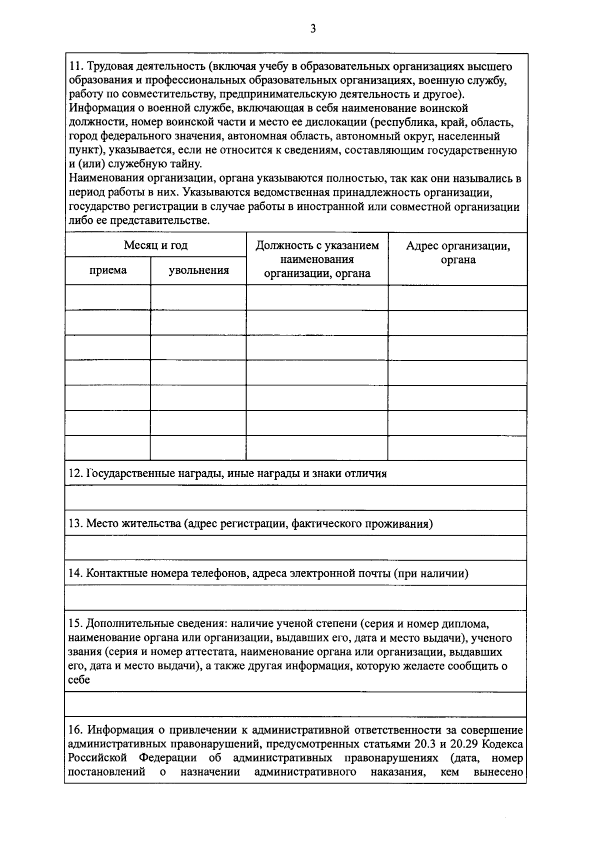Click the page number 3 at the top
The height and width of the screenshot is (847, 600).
click(313, 28)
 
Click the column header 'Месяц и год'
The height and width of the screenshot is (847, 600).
click(155, 245)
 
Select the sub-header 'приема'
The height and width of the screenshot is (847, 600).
click(108, 271)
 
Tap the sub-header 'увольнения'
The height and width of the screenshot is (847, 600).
click(198, 271)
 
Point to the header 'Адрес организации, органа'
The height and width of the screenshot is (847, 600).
click(457, 253)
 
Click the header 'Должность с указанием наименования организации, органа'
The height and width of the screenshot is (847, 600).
click(317, 259)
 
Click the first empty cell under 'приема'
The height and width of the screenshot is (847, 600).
click(108, 298)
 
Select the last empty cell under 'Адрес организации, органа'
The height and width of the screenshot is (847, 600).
click(457, 448)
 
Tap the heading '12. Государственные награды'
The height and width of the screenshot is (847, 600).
click(228, 473)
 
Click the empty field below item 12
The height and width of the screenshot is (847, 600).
click(295, 498)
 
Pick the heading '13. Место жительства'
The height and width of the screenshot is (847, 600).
click(250, 523)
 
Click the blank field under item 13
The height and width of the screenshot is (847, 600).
click(295, 548)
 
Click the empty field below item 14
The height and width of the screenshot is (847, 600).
click(295, 598)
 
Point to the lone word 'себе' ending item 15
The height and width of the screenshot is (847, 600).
click(79, 680)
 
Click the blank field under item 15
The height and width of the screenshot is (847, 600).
click(295, 705)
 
